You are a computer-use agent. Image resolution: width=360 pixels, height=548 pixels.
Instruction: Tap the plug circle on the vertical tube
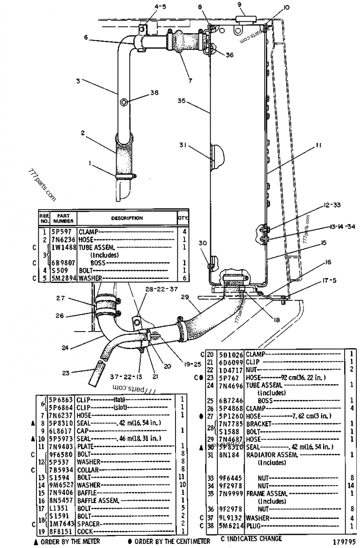[123, 102]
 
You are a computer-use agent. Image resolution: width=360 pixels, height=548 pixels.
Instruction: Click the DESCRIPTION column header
[127, 218]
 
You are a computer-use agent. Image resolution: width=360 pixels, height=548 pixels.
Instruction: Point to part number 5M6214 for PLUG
[231, 525]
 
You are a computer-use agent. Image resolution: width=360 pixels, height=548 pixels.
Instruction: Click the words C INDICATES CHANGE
[251, 539]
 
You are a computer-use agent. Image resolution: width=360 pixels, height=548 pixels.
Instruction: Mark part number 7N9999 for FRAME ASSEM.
[231, 494]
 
